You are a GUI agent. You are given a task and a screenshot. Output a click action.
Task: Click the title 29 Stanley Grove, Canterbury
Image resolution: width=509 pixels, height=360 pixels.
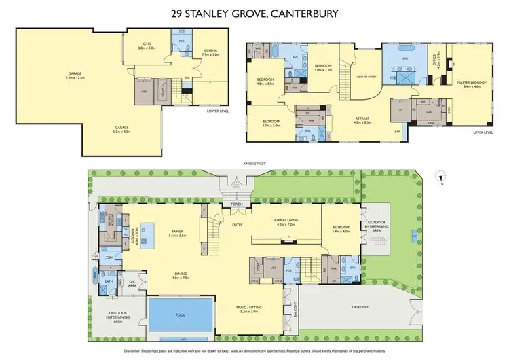(254, 12)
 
